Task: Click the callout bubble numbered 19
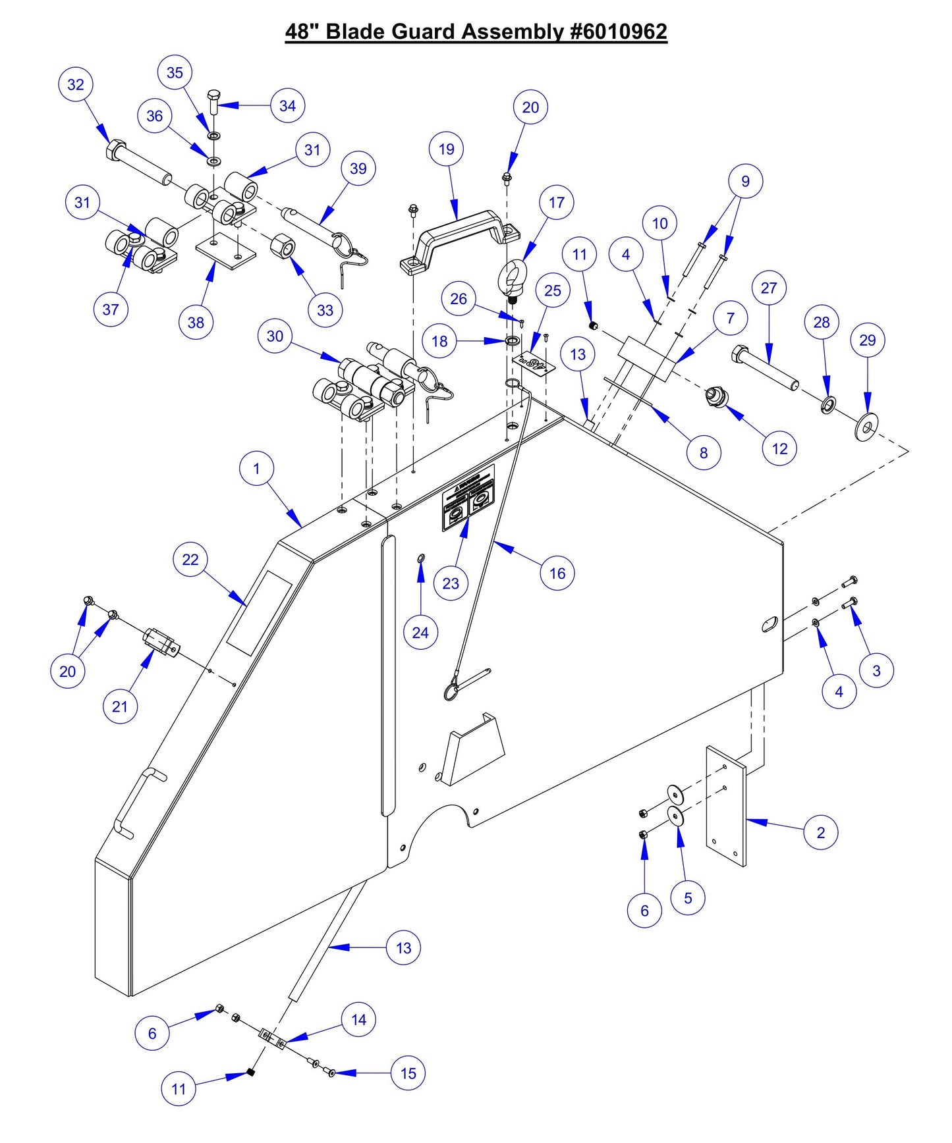coord(447,149)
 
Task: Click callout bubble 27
coord(769,288)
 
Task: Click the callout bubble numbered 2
coord(821,832)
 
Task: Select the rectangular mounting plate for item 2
coord(725,807)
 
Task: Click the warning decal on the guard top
coord(468,498)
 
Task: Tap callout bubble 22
coord(190,560)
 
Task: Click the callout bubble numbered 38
coord(196,323)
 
